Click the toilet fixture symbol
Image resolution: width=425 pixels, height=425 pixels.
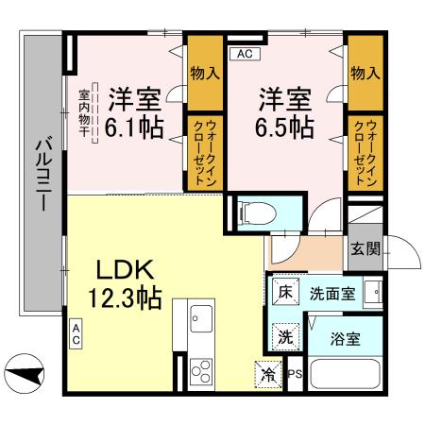point(258,212)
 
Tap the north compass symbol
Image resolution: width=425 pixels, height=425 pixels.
point(25,373)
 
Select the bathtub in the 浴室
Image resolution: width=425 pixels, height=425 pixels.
point(345,374)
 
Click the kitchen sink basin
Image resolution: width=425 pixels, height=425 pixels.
point(201,318)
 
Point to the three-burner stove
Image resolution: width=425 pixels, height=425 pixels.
point(201,371)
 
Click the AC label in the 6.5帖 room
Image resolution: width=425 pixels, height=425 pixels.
point(245,54)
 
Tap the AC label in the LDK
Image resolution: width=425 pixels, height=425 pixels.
point(76,334)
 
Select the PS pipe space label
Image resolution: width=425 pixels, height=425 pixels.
point(296,374)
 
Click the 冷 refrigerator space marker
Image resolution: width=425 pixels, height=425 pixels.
point(268,374)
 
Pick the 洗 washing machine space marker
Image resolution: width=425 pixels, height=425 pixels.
point(285,337)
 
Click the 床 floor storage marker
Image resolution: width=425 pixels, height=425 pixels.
point(285,292)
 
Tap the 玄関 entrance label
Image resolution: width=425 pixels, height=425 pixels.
point(365,248)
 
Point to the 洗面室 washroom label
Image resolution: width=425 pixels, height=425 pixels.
point(332,294)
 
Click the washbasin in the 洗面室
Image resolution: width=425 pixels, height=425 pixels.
point(373,292)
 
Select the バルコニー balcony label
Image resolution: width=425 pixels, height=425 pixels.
point(43,174)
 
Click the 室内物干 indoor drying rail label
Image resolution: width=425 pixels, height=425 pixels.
point(84,113)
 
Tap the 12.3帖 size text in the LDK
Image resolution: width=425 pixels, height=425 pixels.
point(125,297)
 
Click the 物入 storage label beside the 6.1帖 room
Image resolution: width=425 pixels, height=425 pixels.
point(205,74)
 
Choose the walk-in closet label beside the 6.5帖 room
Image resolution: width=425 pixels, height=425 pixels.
point(365,153)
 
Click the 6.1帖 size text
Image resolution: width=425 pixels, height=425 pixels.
point(134,127)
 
